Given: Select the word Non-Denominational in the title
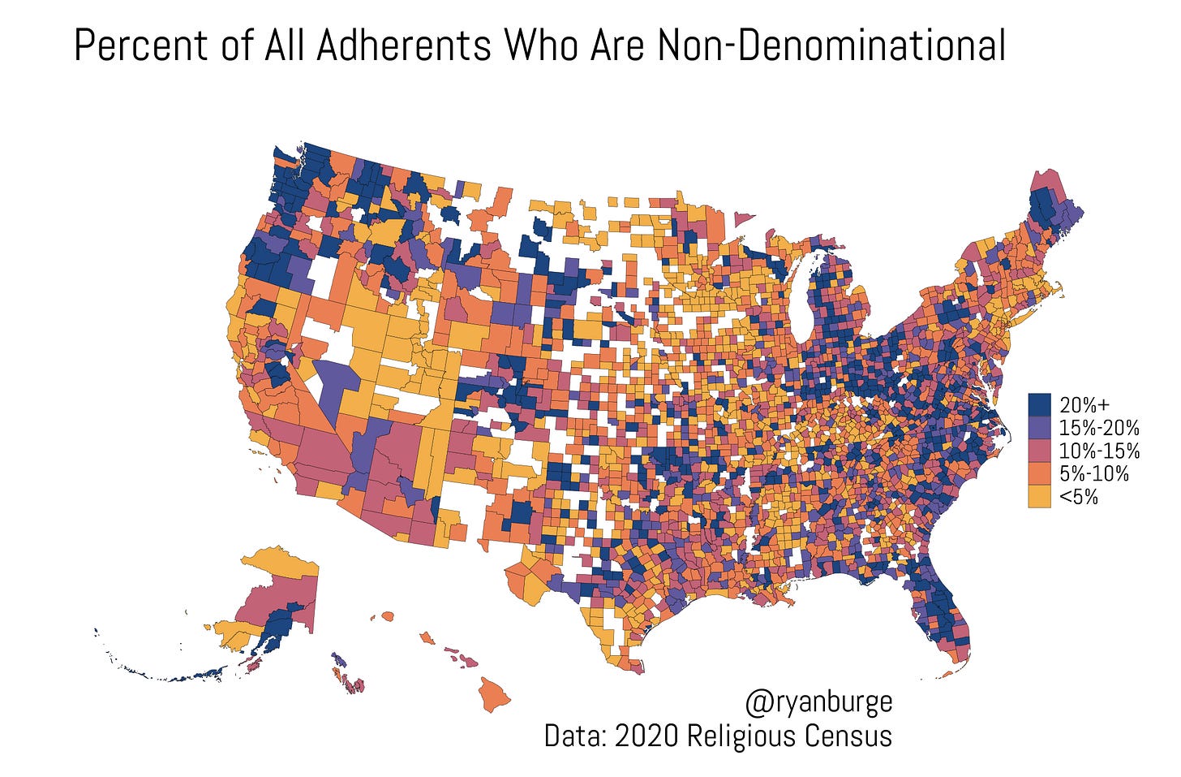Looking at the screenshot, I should [831, 46].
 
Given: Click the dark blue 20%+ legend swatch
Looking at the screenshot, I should [1039, 404].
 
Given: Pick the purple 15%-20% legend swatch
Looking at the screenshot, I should [1039, 427].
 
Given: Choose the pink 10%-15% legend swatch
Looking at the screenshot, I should [1039, 451].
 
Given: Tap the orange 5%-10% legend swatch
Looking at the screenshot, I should [1039, 473].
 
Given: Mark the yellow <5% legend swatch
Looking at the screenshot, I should [1039, 496].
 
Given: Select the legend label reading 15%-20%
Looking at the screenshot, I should [1099, 427].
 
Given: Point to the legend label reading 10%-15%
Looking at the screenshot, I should [1099, 451].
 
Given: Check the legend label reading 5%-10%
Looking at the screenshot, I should [1094, 473].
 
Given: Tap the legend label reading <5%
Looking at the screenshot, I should [1079, 496].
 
